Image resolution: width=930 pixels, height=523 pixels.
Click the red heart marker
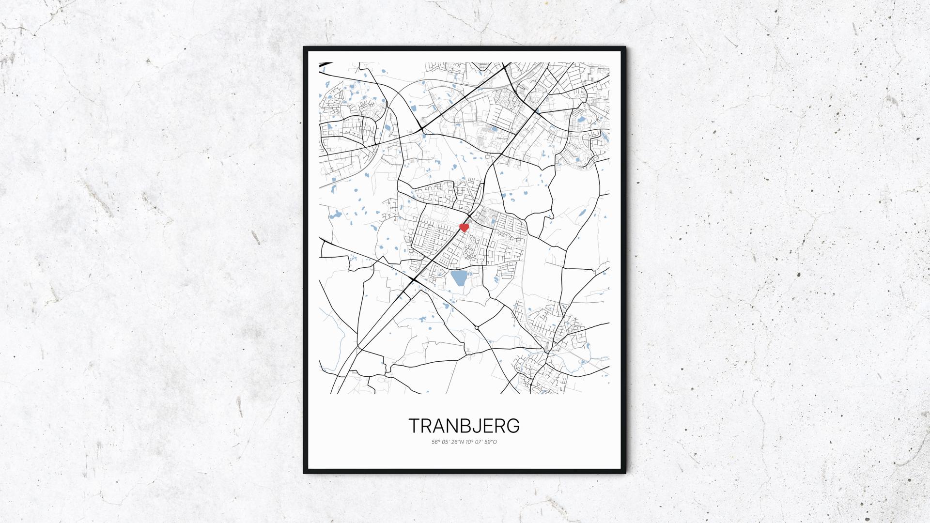pyautogui.click(x=464, y=227)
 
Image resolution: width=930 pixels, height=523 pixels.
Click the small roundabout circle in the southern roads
pyautogui.click(x=477, y=328)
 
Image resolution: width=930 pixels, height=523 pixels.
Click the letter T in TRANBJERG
pyautogui.click(x=415, y=426)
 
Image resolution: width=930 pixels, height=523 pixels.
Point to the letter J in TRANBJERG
pyautogui.click(x=477, y=426)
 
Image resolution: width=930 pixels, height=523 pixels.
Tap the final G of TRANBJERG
pyautogui.click(x=513, y=426)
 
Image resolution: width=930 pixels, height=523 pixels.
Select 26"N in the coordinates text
pyautogui.click(x=458, y=442)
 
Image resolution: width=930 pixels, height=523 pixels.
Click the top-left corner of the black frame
pyautogui.click(x=305, y=48)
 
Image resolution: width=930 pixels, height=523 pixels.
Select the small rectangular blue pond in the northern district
pyautogui.click(x=493, y=129)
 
